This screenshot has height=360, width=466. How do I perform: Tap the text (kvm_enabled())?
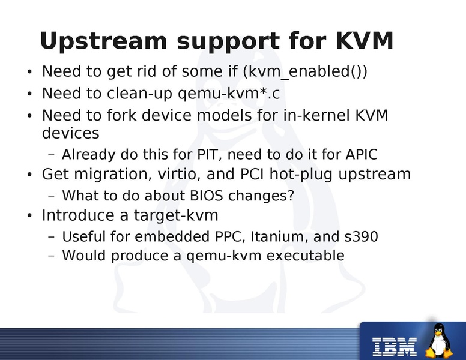pyautogui.click(x=305, y=72)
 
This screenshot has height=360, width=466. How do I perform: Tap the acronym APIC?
pyautogui.click(x=362, y=155)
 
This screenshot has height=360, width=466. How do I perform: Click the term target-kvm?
pyautogui.click(x=180, y=215)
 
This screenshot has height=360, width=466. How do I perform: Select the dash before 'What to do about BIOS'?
pyautogui.click(x=51, y=196)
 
